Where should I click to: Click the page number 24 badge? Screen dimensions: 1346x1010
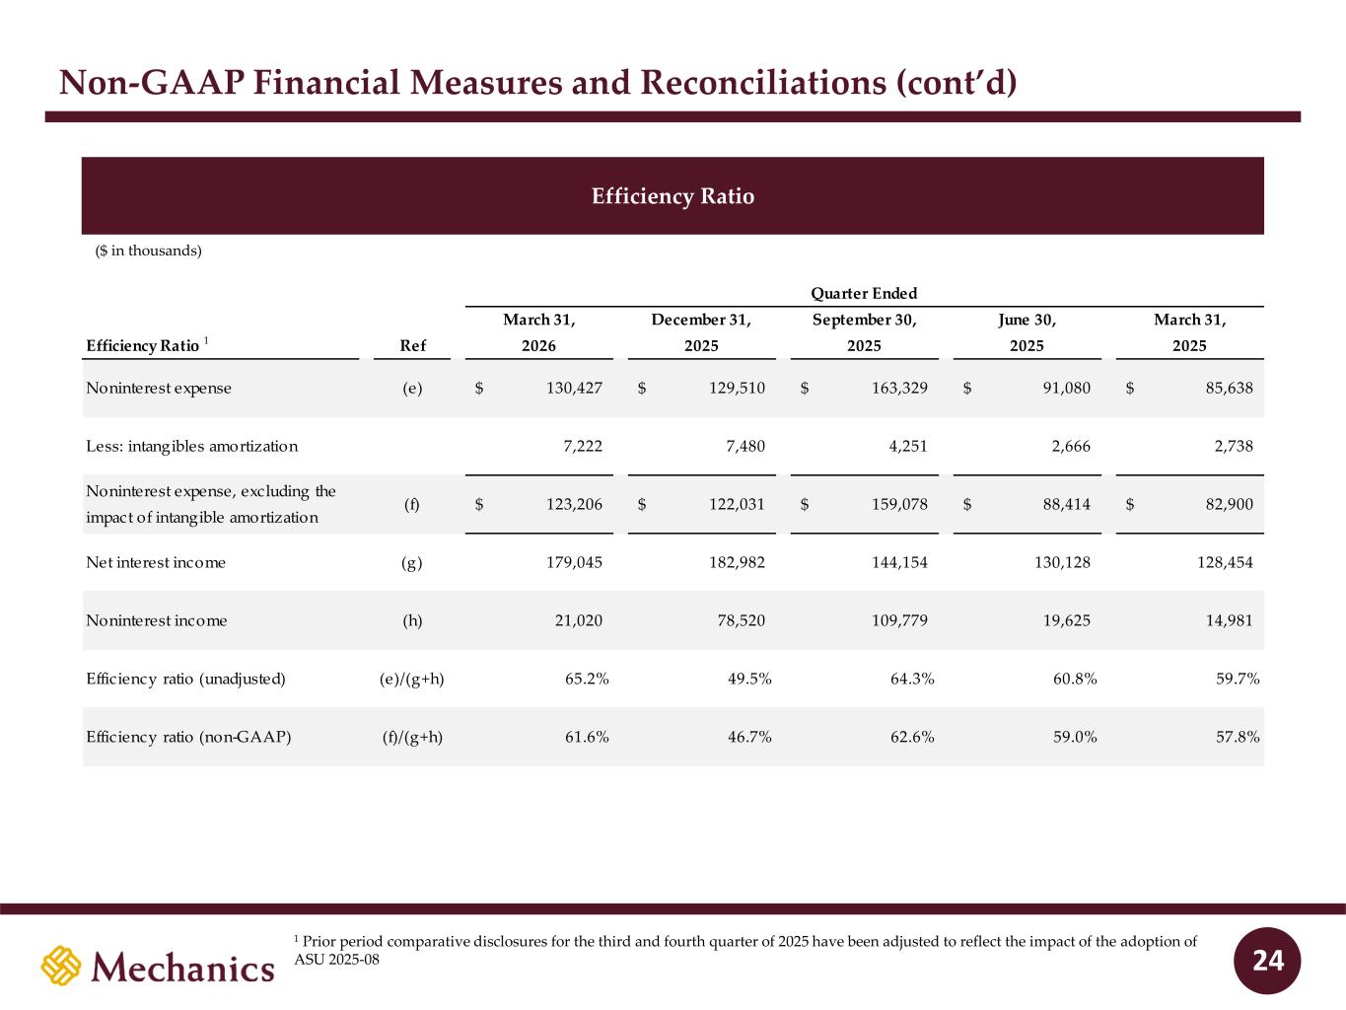(1267, 961)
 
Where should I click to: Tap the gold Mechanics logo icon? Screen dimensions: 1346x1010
(61, 966)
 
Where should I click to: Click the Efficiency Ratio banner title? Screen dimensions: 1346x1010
(673, 196)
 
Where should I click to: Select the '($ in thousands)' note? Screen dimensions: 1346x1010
(148, 251)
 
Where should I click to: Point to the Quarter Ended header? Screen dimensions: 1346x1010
(864, 293)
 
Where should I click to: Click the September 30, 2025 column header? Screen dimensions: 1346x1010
(864, 332)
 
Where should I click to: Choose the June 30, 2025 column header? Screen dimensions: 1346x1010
(1027, 332)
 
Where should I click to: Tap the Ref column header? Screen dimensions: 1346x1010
(413, 346)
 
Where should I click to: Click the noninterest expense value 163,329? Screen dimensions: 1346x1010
(899, 389)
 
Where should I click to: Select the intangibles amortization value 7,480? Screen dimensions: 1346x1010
(745, 447)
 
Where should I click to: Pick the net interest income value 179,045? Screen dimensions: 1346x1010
(575, 562)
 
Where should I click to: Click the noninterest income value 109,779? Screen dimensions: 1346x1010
(899, 620)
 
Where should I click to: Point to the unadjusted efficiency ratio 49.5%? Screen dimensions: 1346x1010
(749, 679)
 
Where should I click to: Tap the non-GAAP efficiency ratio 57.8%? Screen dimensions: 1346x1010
(1238, 737)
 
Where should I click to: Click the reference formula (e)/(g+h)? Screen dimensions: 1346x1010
(412, 679)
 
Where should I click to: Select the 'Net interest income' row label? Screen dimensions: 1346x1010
(156, 562)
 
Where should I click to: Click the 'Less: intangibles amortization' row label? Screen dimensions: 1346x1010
(192, 447)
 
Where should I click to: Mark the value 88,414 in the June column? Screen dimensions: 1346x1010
(1067, 504)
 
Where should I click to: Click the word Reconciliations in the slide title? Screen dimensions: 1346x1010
(763, 83)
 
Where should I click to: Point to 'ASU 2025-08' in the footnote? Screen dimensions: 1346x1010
(336, 960)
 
